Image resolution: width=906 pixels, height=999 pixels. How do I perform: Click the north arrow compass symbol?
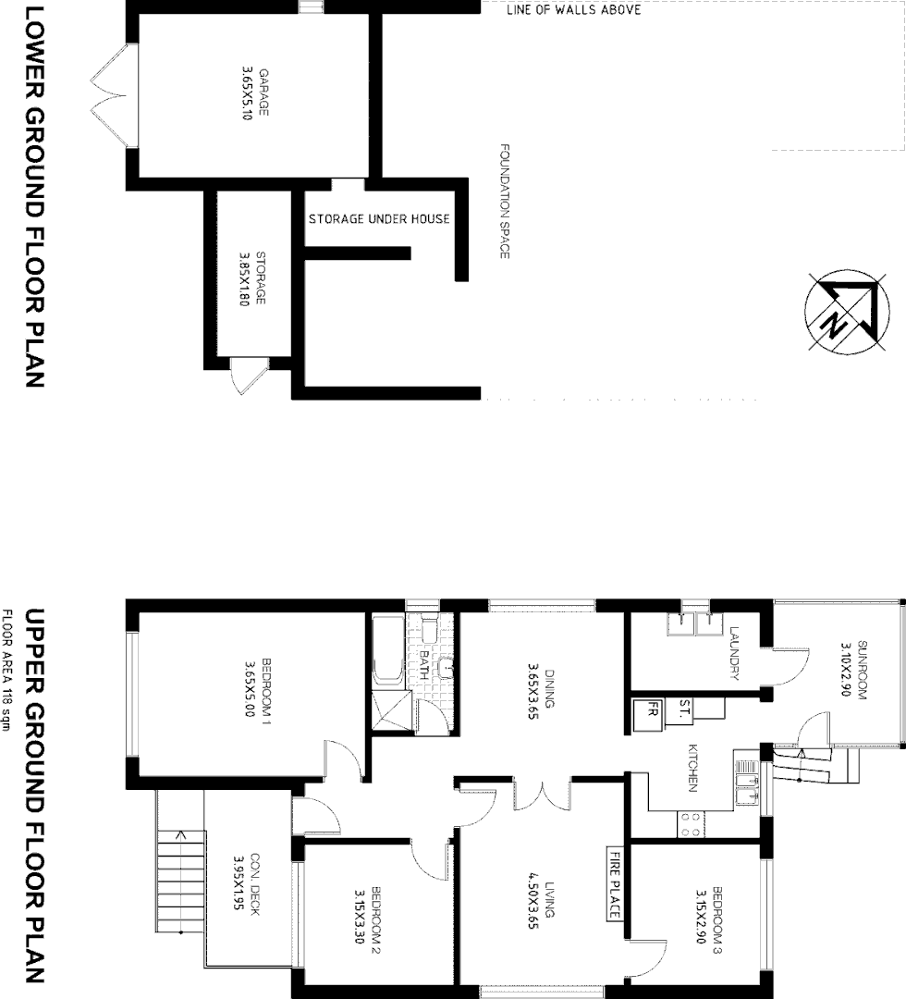(840, 313)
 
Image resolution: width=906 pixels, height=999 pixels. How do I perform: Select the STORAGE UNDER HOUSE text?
(379, 219)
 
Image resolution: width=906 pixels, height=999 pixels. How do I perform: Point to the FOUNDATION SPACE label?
(505, 201)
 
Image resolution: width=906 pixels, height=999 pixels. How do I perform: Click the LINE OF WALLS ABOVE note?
(573, 10)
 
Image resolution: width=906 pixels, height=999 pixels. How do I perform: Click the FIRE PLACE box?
(614, 884)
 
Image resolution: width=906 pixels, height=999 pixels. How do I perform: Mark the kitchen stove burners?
(689, 824)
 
